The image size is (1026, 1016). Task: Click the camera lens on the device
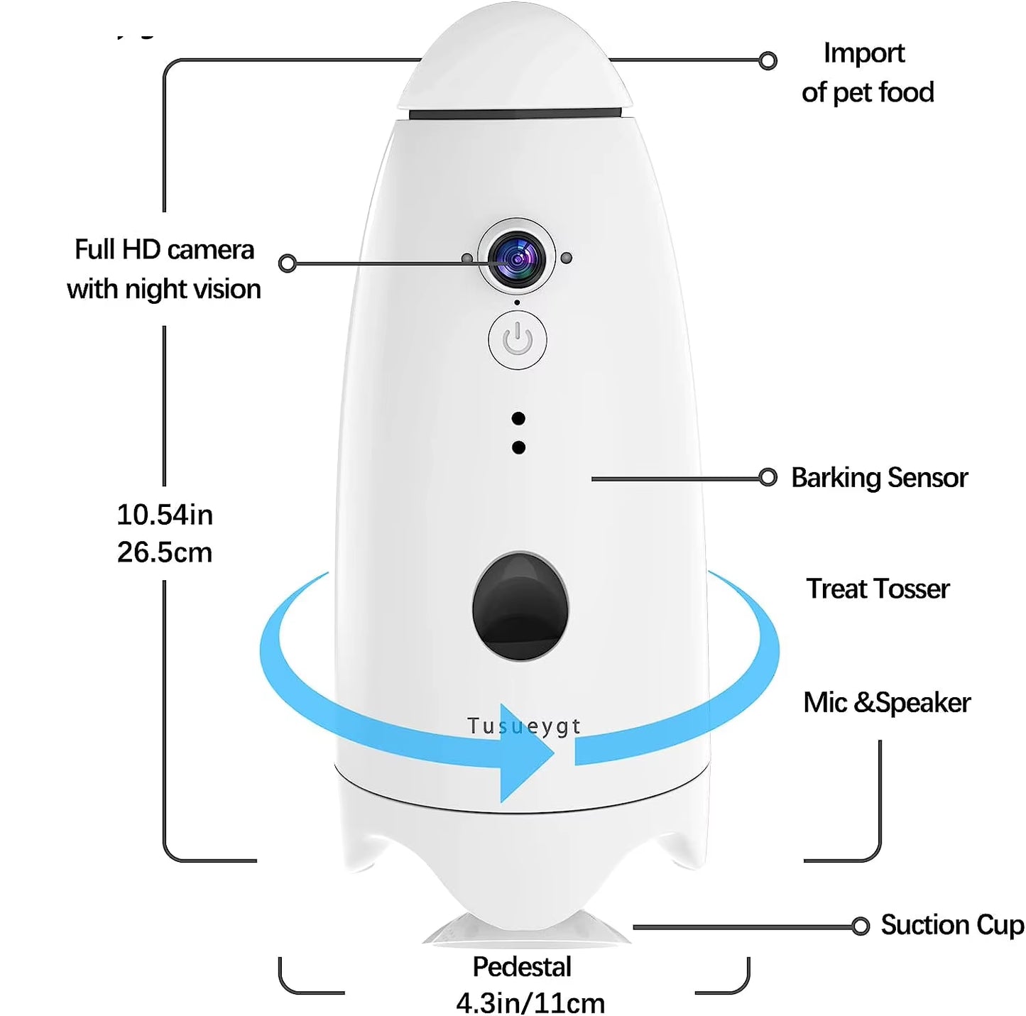[517, 260]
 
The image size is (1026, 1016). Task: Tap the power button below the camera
[518, 340]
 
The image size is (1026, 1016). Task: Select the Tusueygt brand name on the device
[524, 726]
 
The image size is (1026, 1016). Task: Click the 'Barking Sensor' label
[879, 478]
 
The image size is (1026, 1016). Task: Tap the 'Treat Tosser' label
[878, 589]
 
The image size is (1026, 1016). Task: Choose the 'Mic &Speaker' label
[886, 702]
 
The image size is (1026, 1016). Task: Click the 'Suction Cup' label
[952, 925]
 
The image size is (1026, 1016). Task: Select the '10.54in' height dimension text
[165, 515]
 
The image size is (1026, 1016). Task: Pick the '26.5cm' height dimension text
[165, 552]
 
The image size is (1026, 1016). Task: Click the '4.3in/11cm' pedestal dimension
[530, 1003]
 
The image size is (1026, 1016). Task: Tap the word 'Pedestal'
[522, 967]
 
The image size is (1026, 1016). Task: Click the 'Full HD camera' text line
[164, 250]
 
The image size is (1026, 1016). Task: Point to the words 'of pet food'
[868, 92]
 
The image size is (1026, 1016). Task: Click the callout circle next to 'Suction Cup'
[861, 926]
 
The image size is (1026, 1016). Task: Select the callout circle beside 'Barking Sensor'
[768, 477]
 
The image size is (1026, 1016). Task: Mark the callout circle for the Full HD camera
[288, 263]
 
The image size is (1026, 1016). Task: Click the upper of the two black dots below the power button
[518, 419]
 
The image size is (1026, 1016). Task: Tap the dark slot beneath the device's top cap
[515, 114]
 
